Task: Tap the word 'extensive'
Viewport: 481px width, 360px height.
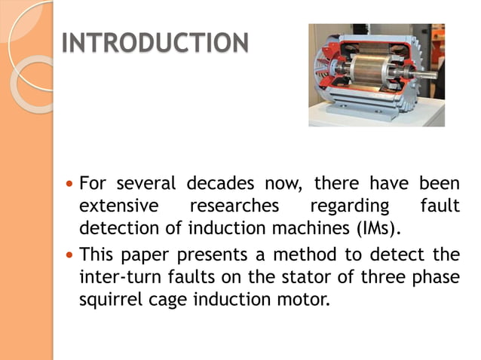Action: click(x=118, y=206)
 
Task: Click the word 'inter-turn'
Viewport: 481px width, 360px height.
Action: click(x=117, y=278)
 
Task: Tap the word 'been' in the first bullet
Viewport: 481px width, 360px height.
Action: click(x=439, y=184)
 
